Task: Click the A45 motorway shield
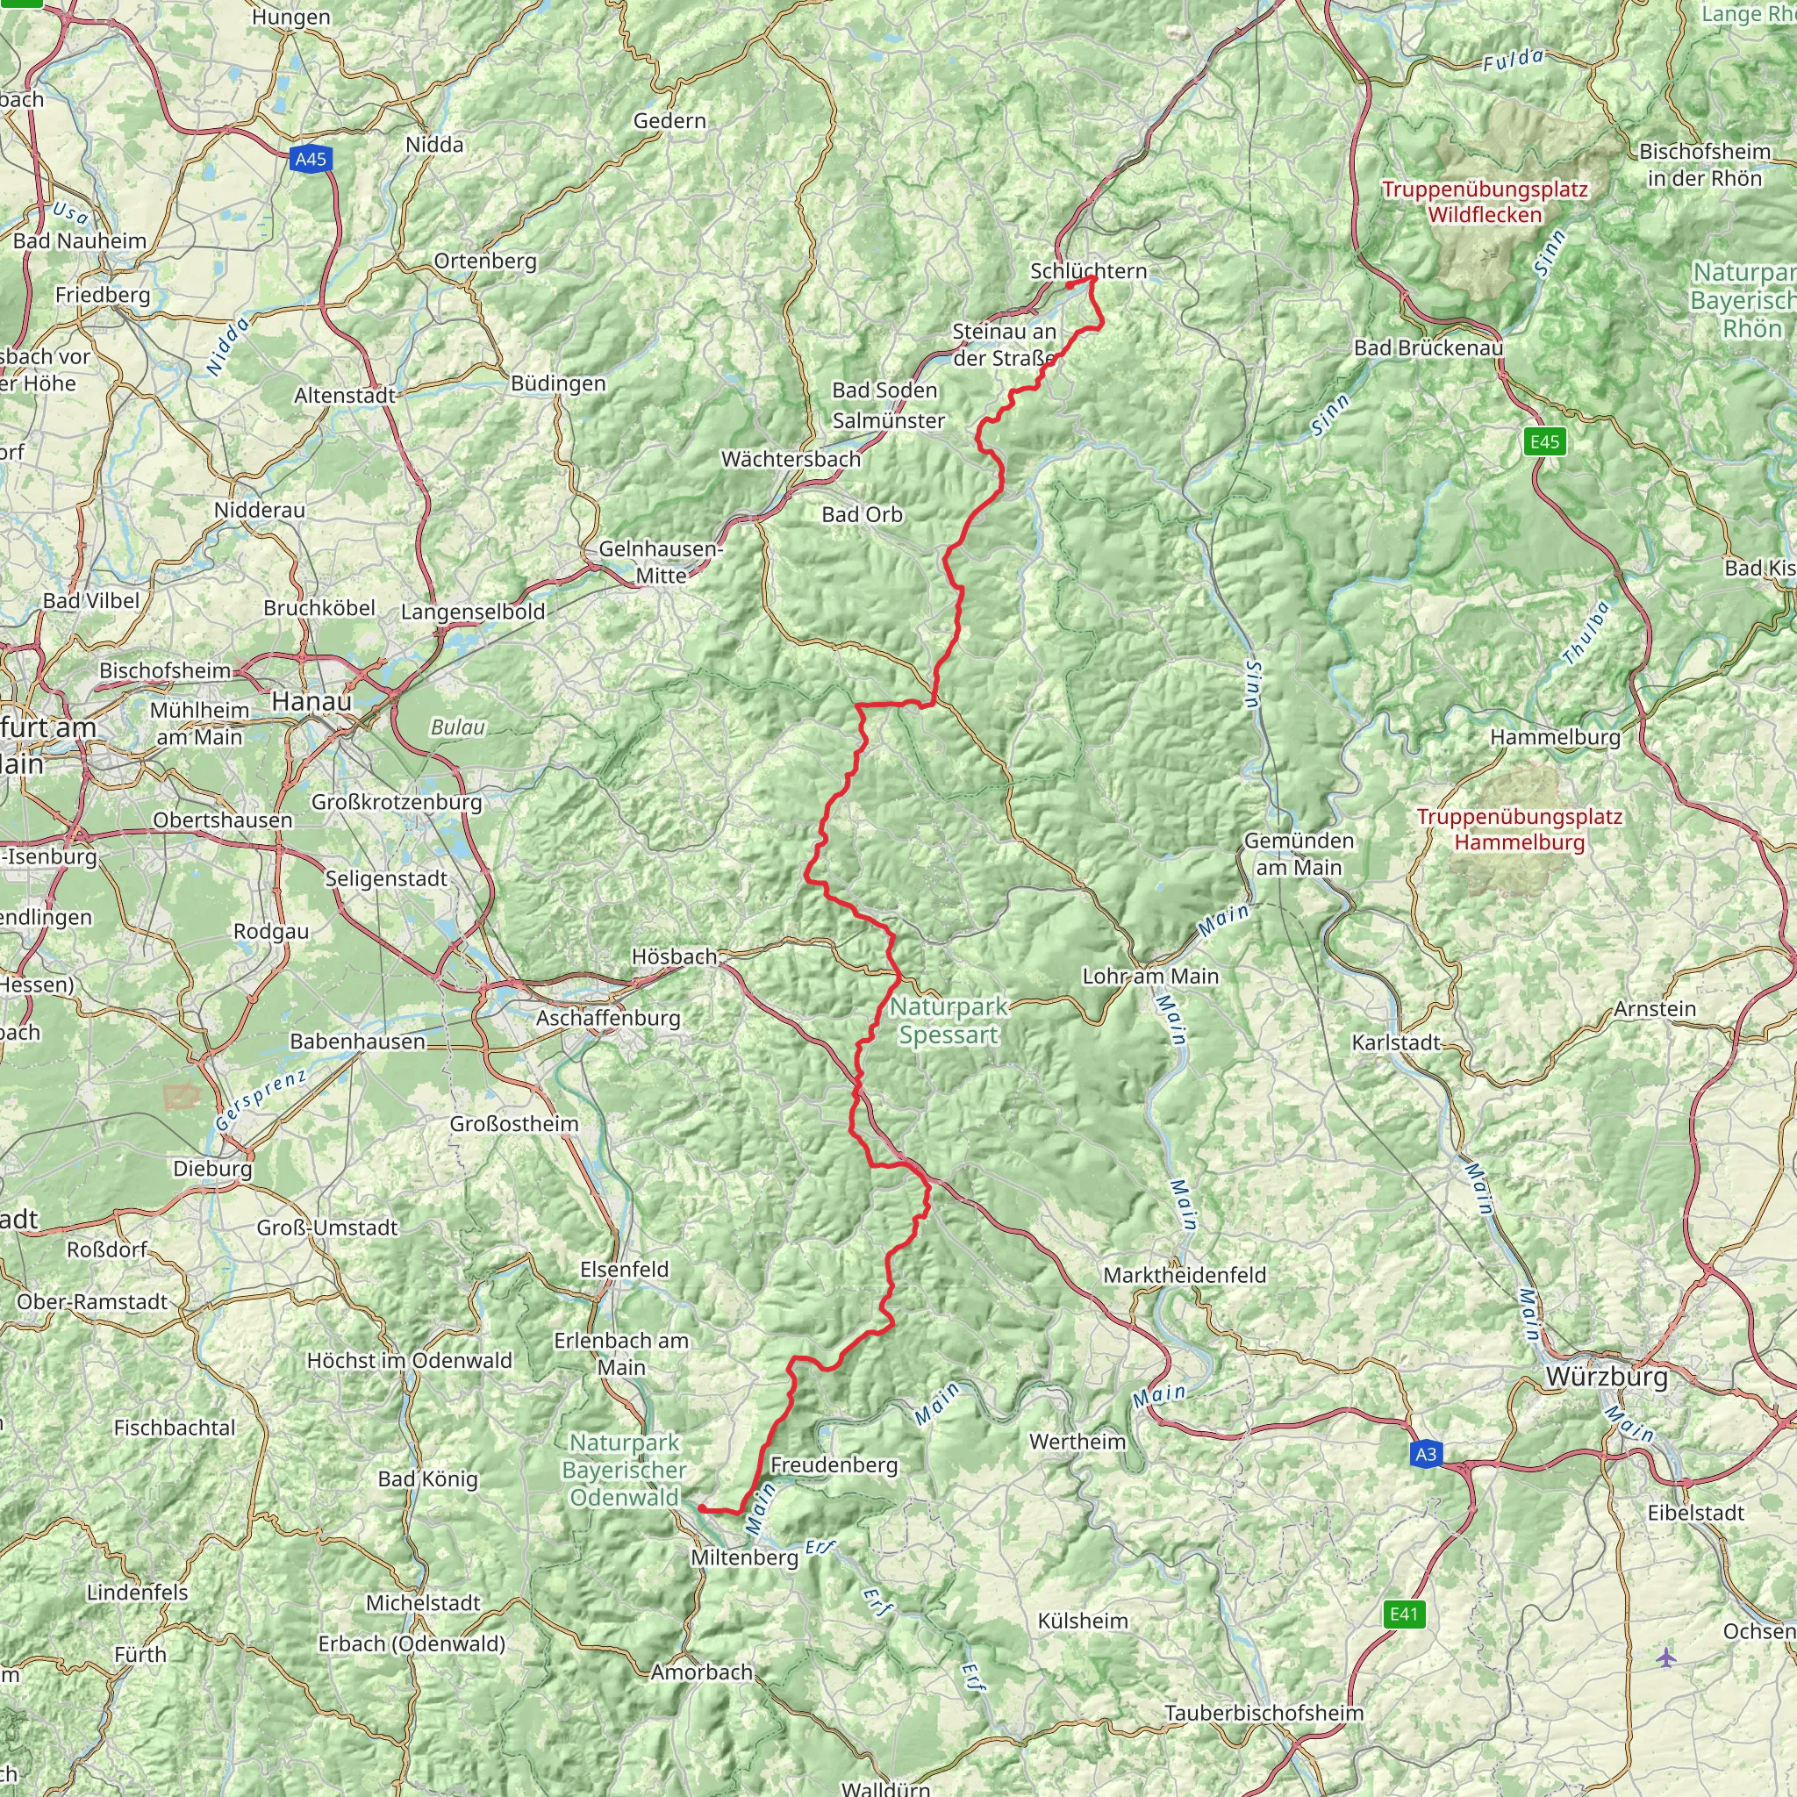click(x=311, y=159)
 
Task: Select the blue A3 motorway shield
click(x=1426, y=1454)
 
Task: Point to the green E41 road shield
click(x=1404, y=1614)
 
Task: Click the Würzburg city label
click(x=1607, y=1378)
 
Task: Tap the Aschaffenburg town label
click(x=608, y=1018)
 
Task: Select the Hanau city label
click(x=311, y=701)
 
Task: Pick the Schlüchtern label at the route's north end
click(x=1088, y=270)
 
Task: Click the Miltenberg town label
click(x=744, y=1557)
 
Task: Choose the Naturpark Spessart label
click(x=949, y=1020)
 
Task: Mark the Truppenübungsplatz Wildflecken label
click(x=1485, y=202)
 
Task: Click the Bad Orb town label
click(x=862, y=514)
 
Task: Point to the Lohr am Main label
click(x=1149, y=976)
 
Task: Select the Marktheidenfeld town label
click(x=1184, y=1274)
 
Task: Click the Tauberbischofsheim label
click(x=1264, y=1713)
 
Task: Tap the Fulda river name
click(x=1513, y=61)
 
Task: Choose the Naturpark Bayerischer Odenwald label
click(x=624, y=1470)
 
